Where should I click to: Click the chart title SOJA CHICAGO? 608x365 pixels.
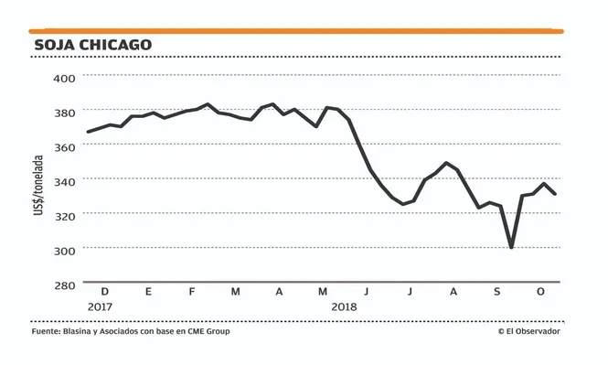tap(92, 44)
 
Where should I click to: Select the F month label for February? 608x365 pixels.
tap(191, 292)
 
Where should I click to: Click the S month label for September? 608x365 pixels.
tap(496, 292)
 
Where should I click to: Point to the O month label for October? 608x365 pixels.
tap(540, 292)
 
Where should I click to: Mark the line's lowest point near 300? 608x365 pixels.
tap(511, 247)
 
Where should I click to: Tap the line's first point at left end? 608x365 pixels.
tap(88, 132)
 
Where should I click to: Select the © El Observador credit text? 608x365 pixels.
tap(528, 331)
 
